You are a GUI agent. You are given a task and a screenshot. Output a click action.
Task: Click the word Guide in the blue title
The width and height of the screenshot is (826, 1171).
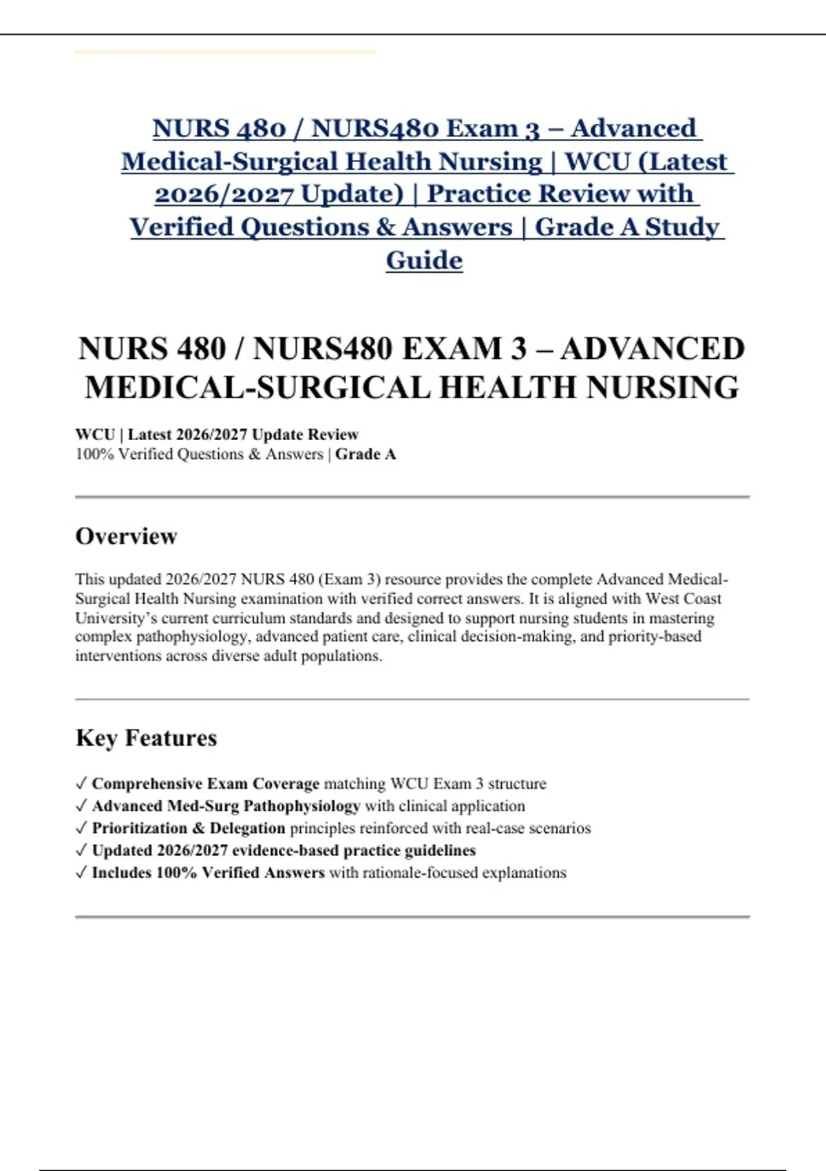424,260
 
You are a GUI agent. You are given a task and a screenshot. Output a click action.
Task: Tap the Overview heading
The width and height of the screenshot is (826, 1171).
126,536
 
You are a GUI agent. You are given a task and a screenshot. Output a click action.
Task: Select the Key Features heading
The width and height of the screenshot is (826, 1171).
146,738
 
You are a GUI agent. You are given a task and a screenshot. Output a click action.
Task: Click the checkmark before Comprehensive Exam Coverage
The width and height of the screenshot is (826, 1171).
81,783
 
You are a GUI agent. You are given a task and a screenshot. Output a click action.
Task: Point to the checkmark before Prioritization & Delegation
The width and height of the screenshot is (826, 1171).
81,828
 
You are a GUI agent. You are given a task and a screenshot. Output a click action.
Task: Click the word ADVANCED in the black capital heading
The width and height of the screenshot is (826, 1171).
652,349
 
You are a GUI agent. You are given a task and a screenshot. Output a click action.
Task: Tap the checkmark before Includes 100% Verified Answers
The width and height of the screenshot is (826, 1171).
81,873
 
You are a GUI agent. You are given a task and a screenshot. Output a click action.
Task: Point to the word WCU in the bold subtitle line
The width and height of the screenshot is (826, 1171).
95,435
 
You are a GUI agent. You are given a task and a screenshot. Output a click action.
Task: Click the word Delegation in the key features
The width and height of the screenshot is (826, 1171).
247,828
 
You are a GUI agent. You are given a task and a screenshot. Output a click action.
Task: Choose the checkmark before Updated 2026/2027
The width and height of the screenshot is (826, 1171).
81,851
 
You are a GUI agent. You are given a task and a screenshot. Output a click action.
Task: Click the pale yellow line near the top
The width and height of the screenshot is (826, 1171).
225,52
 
